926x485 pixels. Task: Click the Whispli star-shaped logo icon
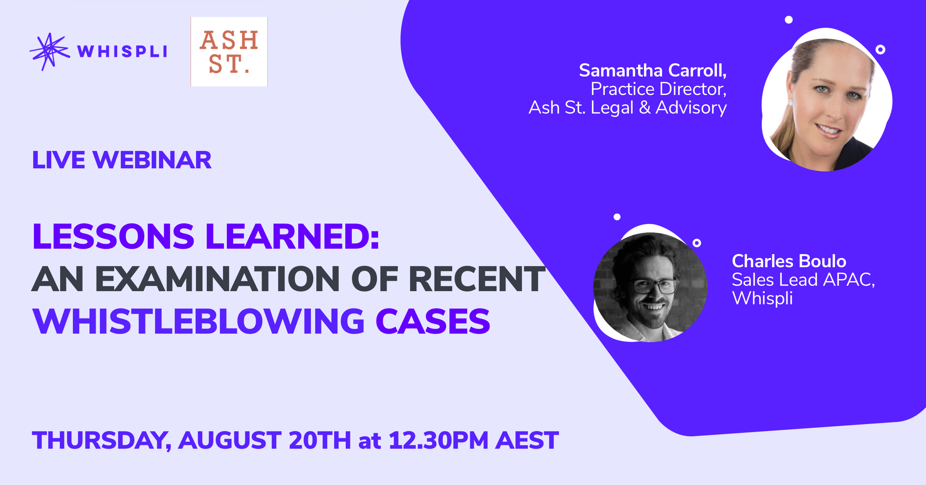click(49, 52)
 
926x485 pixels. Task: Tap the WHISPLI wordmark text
click(122, 51)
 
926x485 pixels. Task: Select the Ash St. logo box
click(229, 51)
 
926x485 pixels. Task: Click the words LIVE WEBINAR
click(122, 160)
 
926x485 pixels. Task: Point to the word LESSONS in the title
click(113, 236)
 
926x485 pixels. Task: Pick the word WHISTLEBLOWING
click(198, 321)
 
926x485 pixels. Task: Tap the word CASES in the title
click(433, 321)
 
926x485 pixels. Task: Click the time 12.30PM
click(439, 440)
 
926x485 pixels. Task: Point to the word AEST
click(527, 440)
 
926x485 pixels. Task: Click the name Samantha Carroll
click(653, 70)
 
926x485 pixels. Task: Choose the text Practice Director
click(659, 89)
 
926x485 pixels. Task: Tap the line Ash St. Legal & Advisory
click(628, 107)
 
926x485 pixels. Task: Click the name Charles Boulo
click(789, 261)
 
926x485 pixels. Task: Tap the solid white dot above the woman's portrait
click(789, 20)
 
